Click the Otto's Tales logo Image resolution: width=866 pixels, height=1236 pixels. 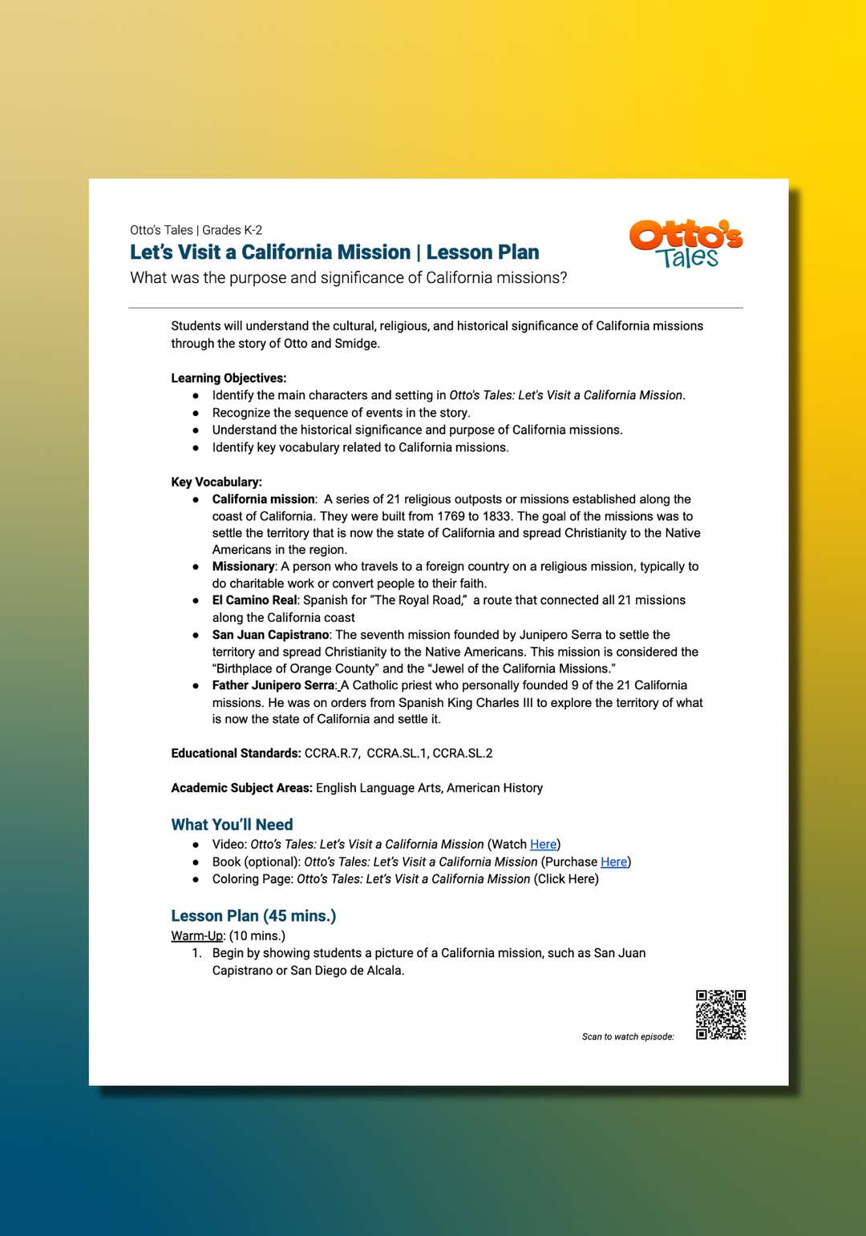(686, 243)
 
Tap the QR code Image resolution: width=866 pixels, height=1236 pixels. (720, 1014)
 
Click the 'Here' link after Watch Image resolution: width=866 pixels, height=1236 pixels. (543, 844)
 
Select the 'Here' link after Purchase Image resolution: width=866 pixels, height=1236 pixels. (613, 862)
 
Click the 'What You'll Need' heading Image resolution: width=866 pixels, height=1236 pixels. (232, 824)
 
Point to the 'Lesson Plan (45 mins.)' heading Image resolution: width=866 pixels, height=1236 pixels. (253, 915)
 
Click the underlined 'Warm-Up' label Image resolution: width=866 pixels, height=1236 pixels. (196, 935)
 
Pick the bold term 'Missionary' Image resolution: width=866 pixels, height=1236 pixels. (243, 566)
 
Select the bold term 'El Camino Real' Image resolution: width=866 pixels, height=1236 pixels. (254, 600)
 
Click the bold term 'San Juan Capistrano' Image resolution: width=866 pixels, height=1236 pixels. (270, 634)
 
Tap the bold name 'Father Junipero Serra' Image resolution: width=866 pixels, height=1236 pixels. (273, 685)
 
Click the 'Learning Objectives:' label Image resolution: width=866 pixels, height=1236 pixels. (229, 378)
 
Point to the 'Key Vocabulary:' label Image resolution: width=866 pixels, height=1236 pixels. (216, 482)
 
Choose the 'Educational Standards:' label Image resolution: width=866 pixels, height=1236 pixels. (236, 753)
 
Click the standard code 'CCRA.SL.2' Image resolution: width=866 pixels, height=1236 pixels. (463, 753)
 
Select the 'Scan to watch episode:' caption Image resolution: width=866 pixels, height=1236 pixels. (628, 1036)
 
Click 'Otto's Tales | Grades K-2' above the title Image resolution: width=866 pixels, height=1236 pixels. (196, 230)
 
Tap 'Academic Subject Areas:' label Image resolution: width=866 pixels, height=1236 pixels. (241, 788)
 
